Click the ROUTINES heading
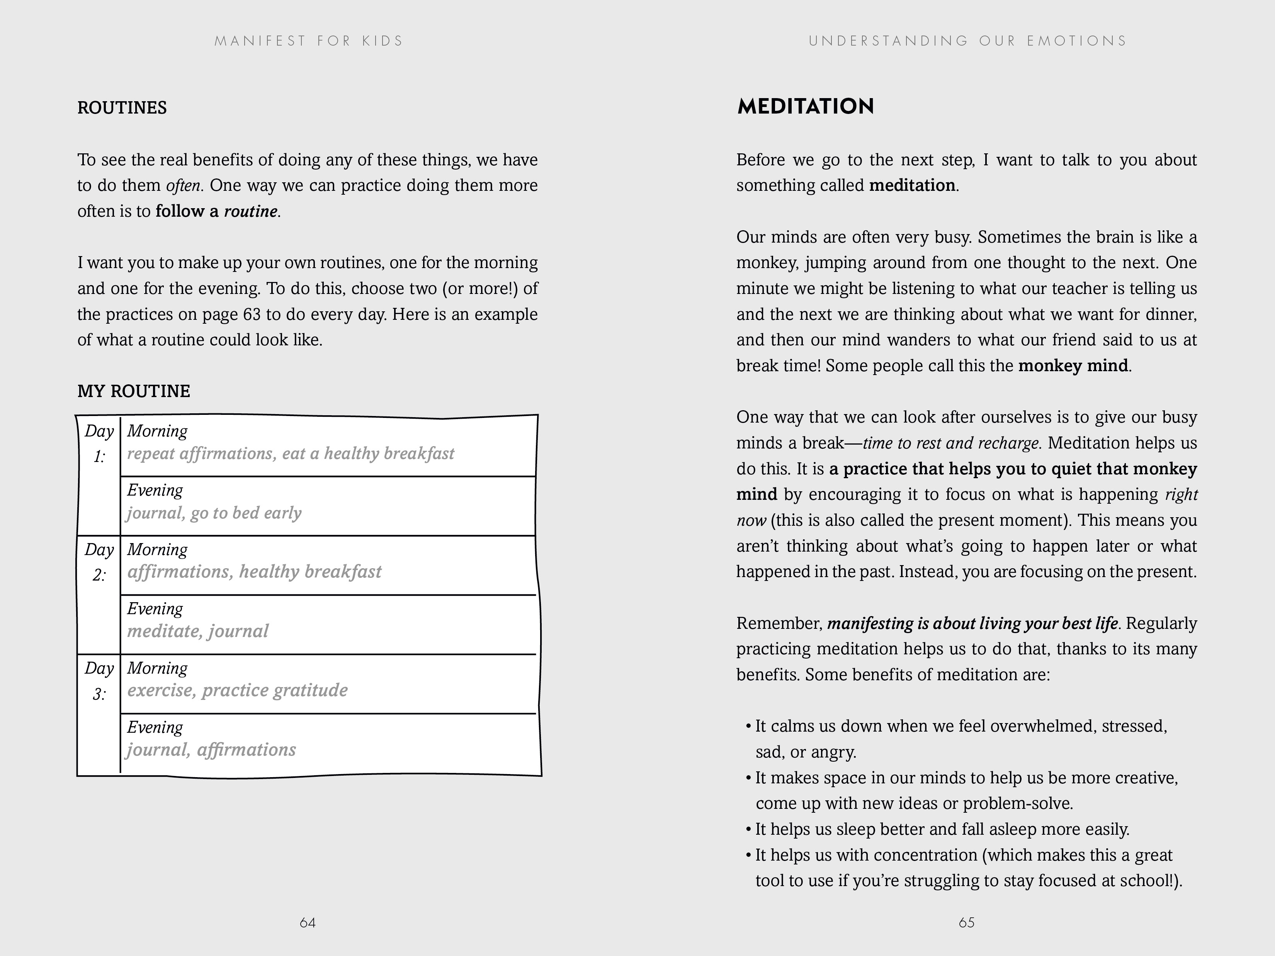coord(122,108)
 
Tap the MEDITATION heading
coord(805,107)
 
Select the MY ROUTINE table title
coord(134,391)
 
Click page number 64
coord(308,922)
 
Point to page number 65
coord(967,922)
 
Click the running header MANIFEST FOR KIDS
coord(309,41)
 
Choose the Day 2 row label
coord(99,562)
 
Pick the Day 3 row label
coord(99,681)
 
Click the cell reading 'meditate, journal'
coord(198,631)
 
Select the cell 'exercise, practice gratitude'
coord(238,690)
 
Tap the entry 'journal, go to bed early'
coord(214,513)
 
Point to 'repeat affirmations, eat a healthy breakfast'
coord(291,453)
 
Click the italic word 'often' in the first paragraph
coord(183,185)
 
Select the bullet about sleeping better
coord(942,829)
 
